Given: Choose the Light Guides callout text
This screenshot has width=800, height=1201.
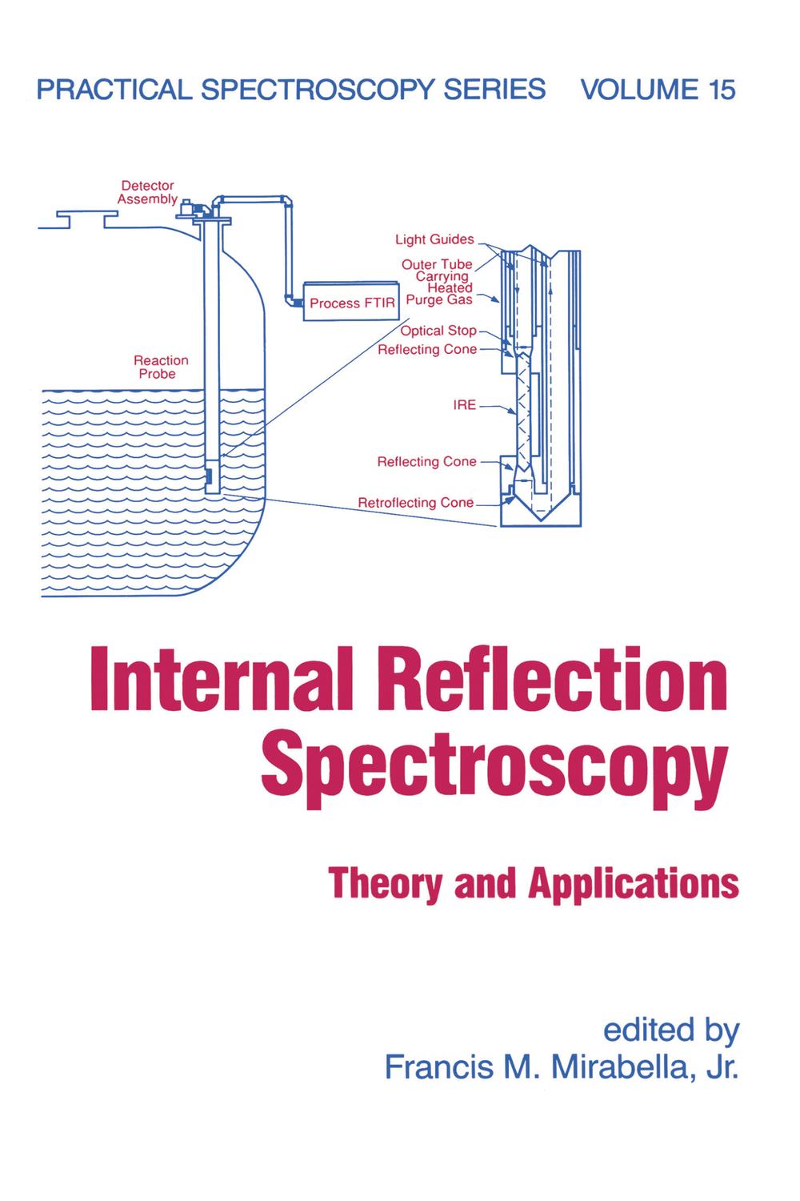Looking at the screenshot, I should pyautogui.click(x=434, y=239).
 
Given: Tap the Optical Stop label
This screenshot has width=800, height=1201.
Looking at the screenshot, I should pyautogui.click(x=438, y=331).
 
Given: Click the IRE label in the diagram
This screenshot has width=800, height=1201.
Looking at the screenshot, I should pyautogui.click(x=465, y=405).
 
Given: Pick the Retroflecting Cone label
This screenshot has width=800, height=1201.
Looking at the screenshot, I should pyautogui.click(x=415, y=503).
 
